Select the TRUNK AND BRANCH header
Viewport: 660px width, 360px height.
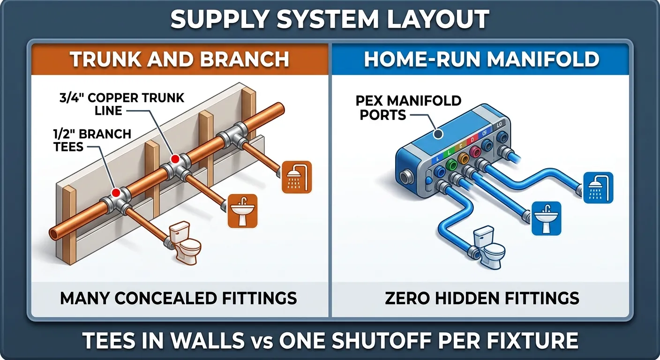coord(179,59)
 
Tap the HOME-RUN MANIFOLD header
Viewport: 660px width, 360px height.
coord(481,59)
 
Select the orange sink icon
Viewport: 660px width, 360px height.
coord(242,211)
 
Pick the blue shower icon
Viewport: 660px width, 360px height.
coord(598,187)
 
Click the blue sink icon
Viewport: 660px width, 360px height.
coord(547,217)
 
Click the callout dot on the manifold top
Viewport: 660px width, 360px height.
coord(438,134)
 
